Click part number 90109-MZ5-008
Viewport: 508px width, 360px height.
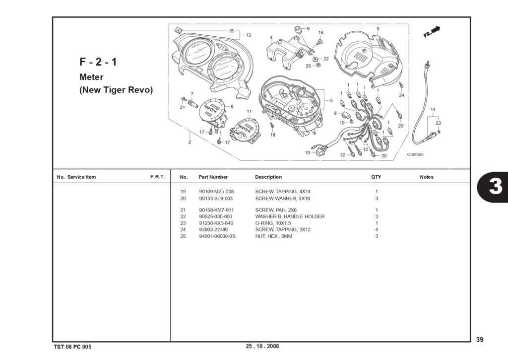point(216,192)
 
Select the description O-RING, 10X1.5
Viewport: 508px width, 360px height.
point(273,223)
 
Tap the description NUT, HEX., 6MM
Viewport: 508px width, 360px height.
point(273,236)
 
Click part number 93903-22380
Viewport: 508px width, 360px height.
point(213,229)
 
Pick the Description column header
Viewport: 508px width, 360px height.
point(268,177)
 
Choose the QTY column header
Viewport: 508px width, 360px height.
point(376,177)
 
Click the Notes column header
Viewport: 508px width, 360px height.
point(426,177)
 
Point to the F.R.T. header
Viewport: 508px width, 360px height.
point(157,177)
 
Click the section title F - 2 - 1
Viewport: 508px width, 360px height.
point(98,62)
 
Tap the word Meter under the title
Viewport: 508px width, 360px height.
point(91,77)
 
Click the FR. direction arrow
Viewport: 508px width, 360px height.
point(432,31)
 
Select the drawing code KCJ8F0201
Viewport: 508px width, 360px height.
point(415,155)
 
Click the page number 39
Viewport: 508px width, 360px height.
point(480,340)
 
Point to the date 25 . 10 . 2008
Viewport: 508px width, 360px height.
point(262,346)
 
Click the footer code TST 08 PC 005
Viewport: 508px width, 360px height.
point(73,347)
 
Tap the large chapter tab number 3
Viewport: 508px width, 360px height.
point(496,187)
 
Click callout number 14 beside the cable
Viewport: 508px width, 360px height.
point(433,110)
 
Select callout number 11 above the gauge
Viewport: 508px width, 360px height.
point(249,112)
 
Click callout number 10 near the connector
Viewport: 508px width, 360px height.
point(308,152)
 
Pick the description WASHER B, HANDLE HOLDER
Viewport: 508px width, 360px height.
point(290,216)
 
